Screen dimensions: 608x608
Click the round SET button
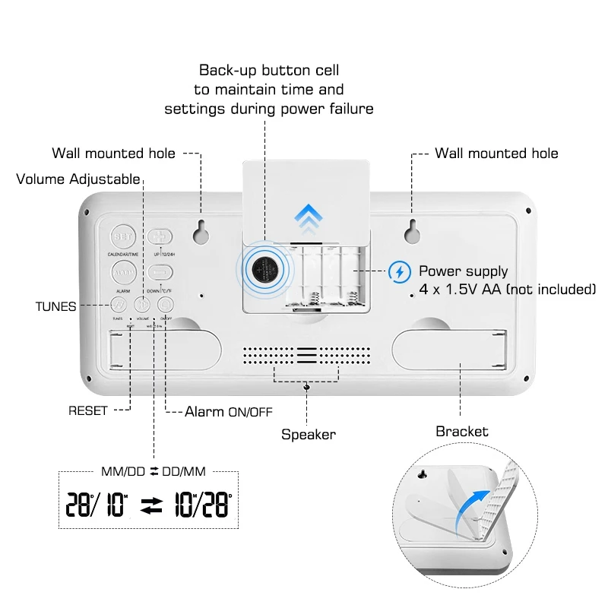[x=122, y=236]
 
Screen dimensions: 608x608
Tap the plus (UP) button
[x=160, y=236]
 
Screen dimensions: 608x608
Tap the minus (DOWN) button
[x=160, y=271]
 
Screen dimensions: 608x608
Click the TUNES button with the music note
[x=118, y=305]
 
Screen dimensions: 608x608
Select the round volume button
[x=142, y=305]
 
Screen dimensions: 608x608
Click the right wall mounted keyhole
[x=411, y=231]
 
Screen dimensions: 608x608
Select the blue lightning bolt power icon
[x=398, y=271]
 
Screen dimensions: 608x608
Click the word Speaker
[x=308, y=435]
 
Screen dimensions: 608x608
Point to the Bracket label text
[x=461, y=432]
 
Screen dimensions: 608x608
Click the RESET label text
[x=88, y=410]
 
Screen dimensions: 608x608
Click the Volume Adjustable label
[x=78, y=179]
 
